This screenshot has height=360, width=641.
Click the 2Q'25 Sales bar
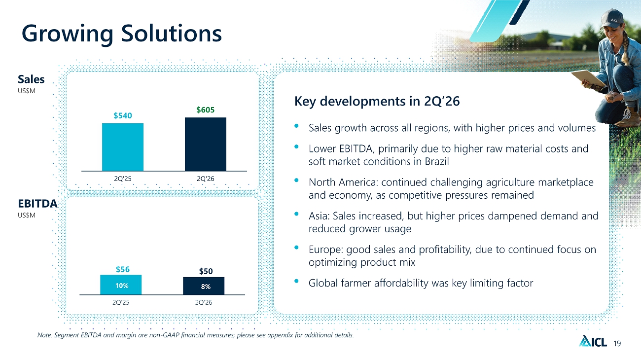coord(123,147)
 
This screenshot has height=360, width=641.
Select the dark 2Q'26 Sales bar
coord(206,144)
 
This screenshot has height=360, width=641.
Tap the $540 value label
coord(123,115)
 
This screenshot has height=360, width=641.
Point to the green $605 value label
coord(206,110)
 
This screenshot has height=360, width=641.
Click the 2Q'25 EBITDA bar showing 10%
coord(121,285)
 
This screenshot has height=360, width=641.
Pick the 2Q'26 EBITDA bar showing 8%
coord(204,286)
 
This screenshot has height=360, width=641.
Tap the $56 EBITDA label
coord(123,269)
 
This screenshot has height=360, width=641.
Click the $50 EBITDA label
coord(206,271)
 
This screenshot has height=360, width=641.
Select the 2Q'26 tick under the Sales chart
coord(206,179)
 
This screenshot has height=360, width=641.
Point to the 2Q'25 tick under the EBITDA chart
coord(121,302)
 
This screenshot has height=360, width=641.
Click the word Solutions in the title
coord(172,33)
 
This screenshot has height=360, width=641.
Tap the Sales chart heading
coord(31,79)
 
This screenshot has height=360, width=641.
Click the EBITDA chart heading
coord(37,204)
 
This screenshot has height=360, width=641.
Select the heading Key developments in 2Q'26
coord(377,101)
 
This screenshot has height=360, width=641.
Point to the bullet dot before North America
coord(296,180)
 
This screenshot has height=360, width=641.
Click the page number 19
coord(617,344)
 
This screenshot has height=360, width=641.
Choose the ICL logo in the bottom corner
coord(593,341)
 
